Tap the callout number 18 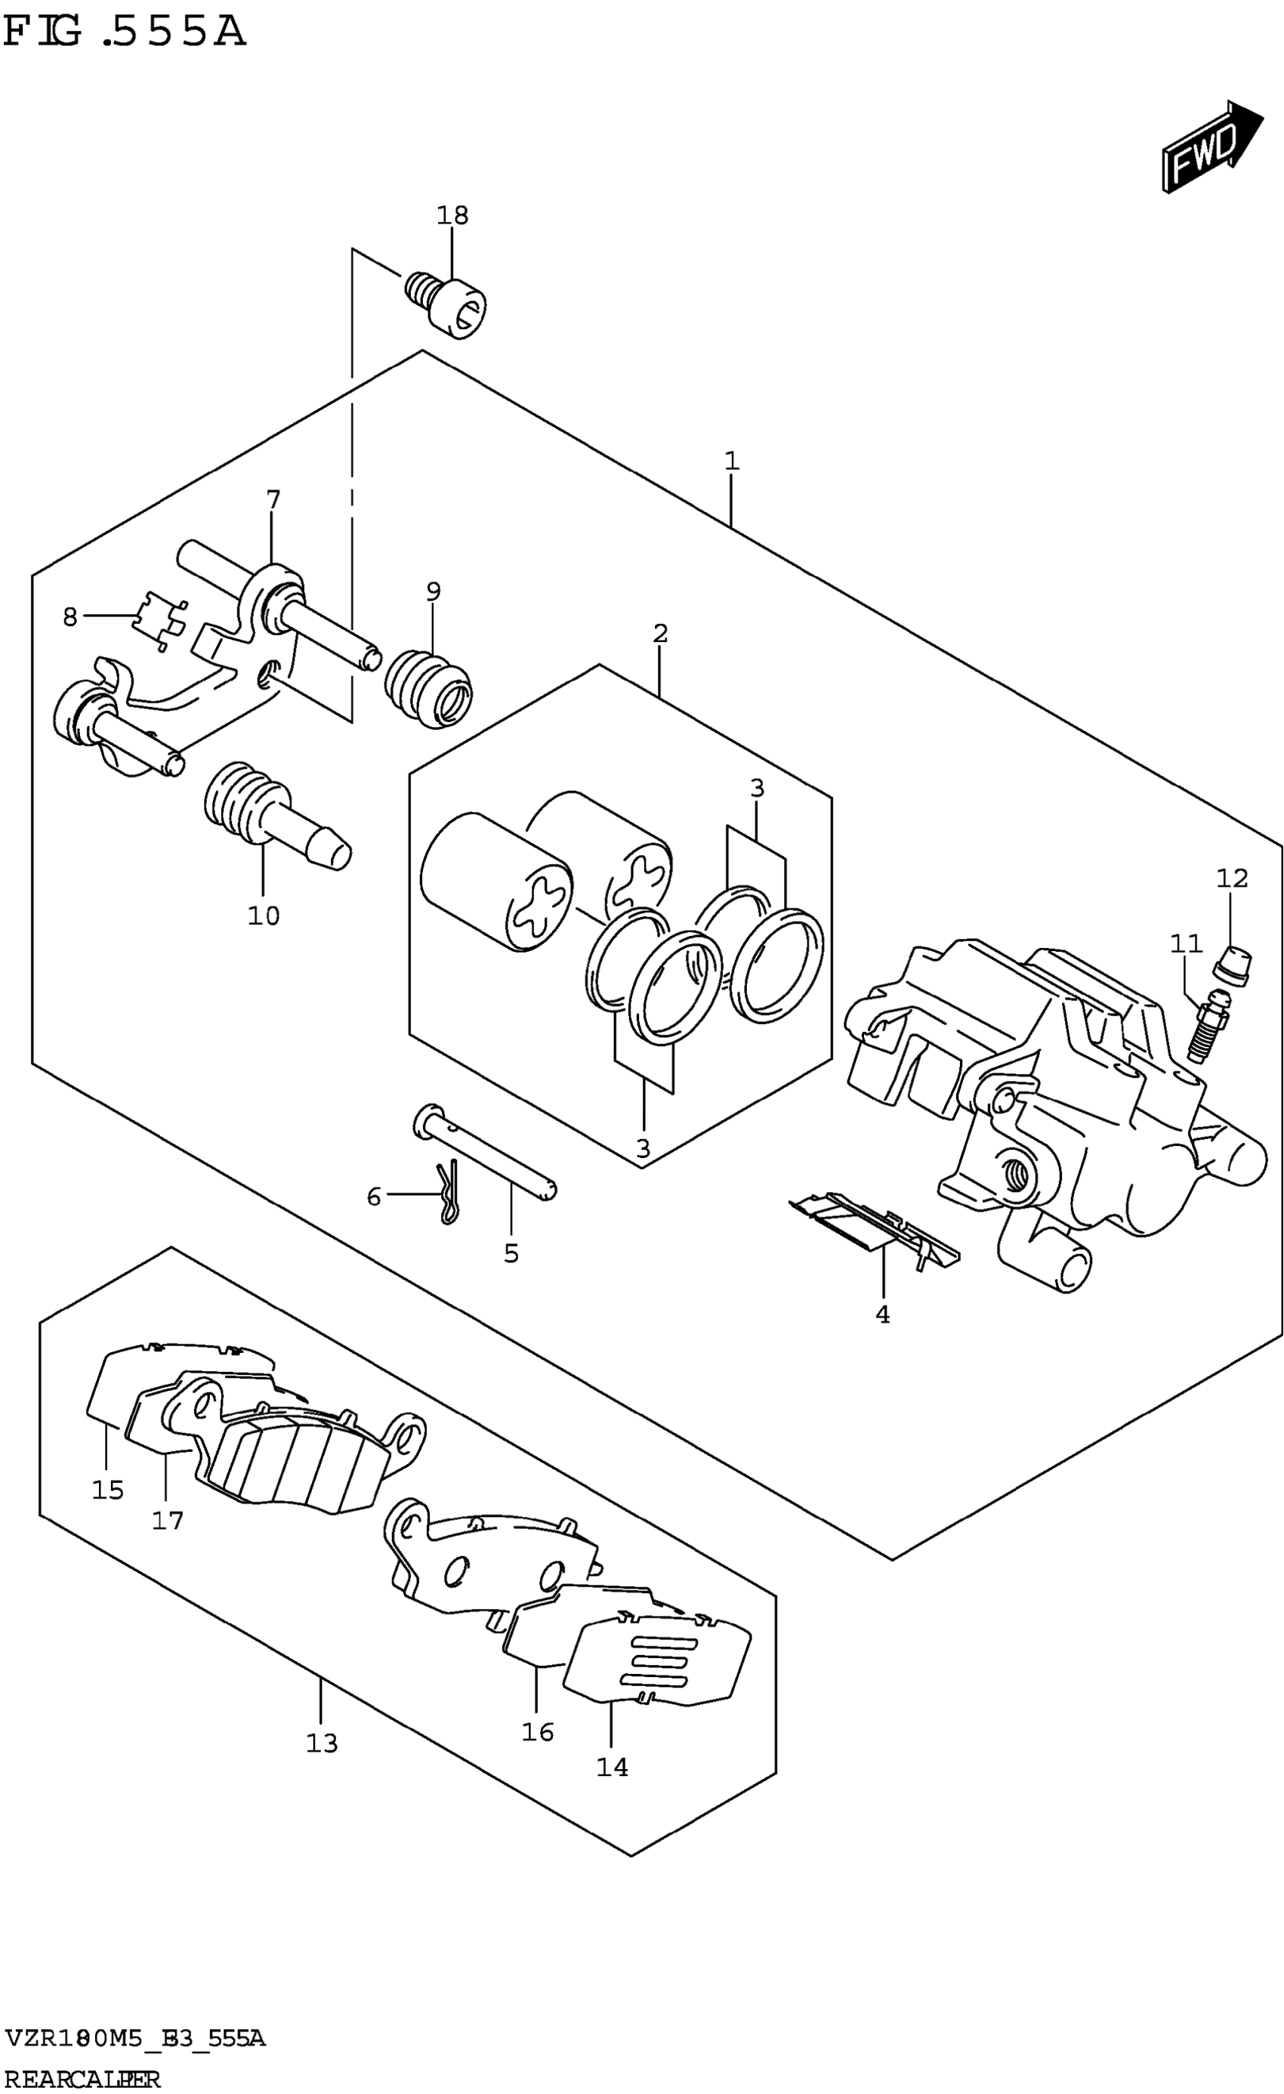pyautogui.click(x=452, y=216)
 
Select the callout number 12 pyautogui.click(x=1231, y=878)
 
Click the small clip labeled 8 pyautogui.click(x=160, y=619)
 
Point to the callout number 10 pyautogui.click(x=264, y=916)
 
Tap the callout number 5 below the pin pyautogui.click(x=511, y=1252)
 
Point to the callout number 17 pyautogui.click(x=168, y=1521)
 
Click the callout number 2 pyautogui.click(x=660, y=633)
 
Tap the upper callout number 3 pyautogui.click(x=757, y=789)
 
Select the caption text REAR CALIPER pyautogui.click(x=82, y=2080)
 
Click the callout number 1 pyautogui.click(x=732, y=462)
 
